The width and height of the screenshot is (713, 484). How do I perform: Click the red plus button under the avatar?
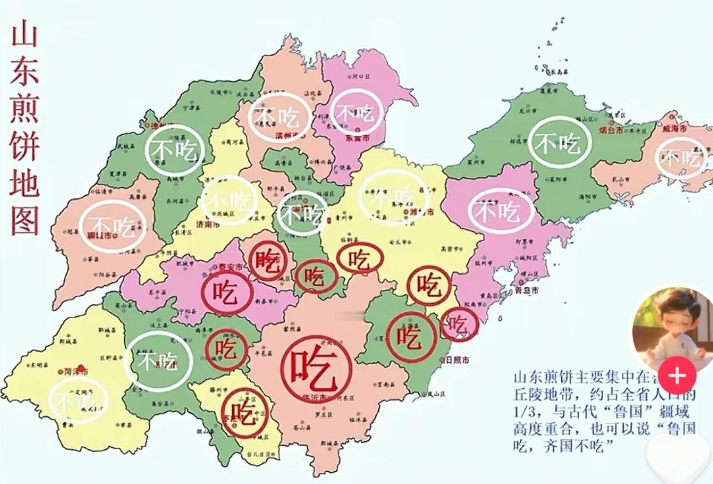[x=677, y=376]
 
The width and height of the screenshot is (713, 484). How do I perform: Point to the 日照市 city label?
[x=456, y=360]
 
